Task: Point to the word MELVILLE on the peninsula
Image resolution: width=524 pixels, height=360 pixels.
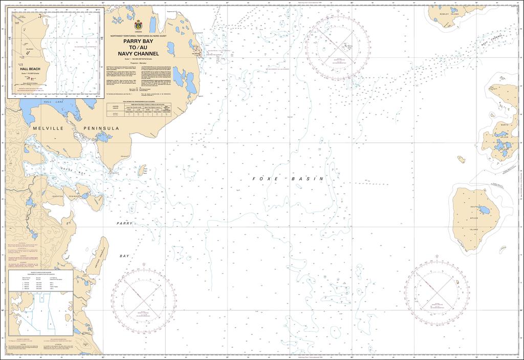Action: point(48,128)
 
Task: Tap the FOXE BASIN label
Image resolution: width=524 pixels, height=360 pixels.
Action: point(288,179)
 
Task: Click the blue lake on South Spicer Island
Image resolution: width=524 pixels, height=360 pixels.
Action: point(483,211)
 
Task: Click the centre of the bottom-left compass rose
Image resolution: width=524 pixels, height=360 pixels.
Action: point(144,297)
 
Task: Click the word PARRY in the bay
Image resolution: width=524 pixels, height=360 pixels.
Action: point(124,224)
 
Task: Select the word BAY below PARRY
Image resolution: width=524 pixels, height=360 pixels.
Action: point(125,256)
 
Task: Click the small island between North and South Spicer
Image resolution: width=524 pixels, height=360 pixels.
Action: point(461,159)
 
